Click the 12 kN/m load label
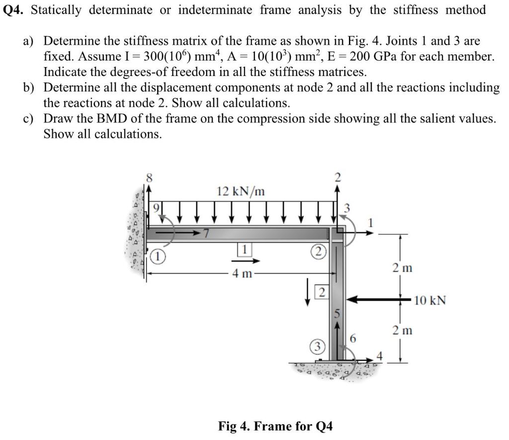click(241, 191)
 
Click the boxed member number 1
click(245, 249)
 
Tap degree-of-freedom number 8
click(148, 176)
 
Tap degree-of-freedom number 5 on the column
click(337, 314)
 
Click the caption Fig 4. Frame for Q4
click(276, 426)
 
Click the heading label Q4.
click(14, 10)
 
